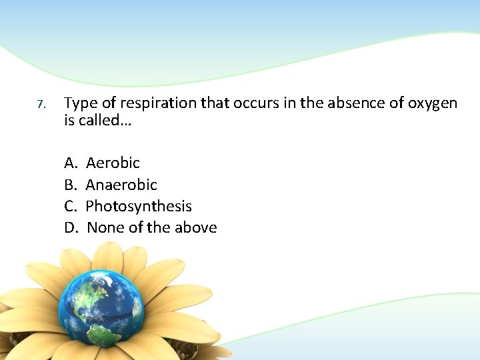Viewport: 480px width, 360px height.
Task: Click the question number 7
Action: point(41,105)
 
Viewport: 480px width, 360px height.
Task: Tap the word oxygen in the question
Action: point(431,104)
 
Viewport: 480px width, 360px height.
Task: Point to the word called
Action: point(99,121)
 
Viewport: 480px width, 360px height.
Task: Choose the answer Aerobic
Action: point(113,163)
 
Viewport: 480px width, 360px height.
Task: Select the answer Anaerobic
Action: point(121,185)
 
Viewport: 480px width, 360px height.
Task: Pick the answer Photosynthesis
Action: point(139,207)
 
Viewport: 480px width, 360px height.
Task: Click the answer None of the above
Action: point(152,228)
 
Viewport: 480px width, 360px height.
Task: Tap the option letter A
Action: point(70,163)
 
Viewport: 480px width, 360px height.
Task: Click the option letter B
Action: point(70,185)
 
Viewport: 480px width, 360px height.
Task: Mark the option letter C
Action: point(70,206)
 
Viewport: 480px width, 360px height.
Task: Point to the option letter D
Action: point(71,228)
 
